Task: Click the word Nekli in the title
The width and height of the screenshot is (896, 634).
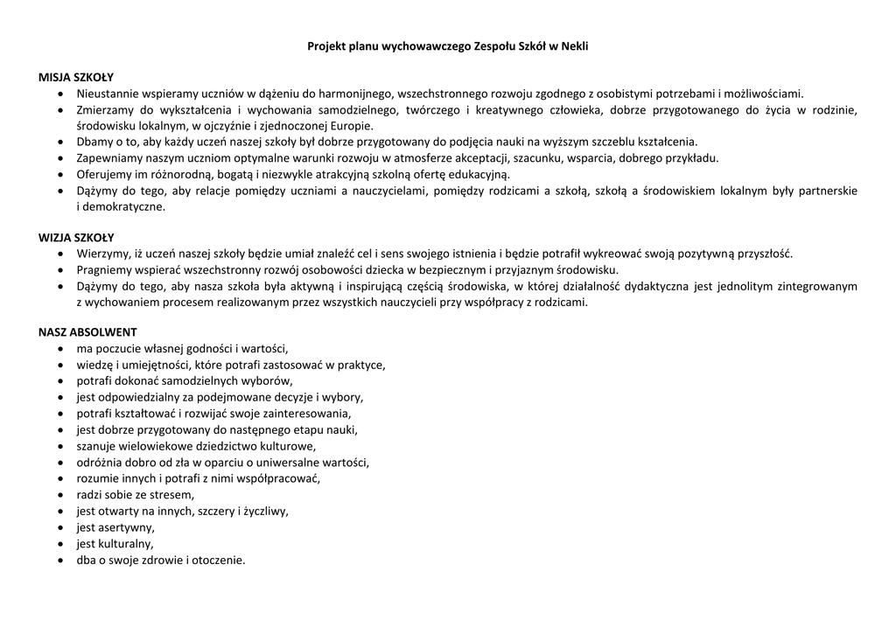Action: click(x=573, y=45)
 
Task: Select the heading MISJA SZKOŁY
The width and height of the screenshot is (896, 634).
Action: click(x=76, y=77)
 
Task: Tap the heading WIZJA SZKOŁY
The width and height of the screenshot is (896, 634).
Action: click(x=76, y=238)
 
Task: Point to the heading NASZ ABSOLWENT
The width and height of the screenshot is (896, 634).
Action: click(x=87, y=332)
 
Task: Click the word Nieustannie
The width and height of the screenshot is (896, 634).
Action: click(x=107, y=94)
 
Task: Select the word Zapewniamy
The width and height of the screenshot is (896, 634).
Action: click(x=108, y=158)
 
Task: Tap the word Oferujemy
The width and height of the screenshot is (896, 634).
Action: click(x=103, y=175)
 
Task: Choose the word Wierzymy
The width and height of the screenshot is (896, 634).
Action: click(x=103, y=254)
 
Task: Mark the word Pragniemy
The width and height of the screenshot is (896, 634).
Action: click(x=104, y=270)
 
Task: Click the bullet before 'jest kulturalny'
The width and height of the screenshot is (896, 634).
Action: click(x=59, y=544)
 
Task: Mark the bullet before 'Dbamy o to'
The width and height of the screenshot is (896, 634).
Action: click(x=59, y=143)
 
